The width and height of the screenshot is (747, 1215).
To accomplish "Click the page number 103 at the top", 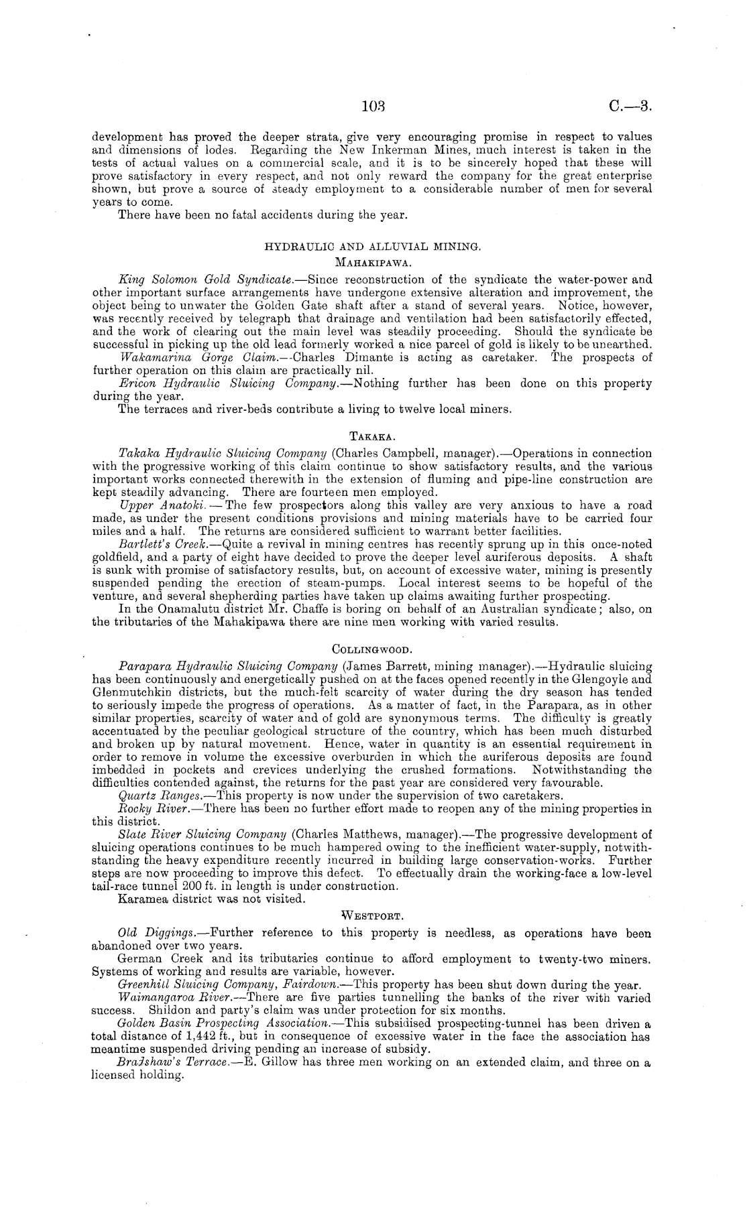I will (371, 105).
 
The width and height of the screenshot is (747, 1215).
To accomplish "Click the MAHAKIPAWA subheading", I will (372, 262).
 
